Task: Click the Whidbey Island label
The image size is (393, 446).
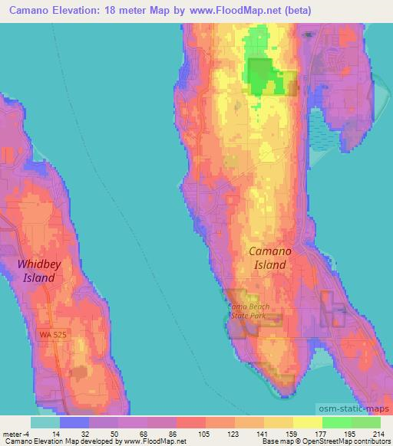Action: click(x=36, y=271)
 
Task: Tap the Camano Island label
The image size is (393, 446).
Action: click(x=268, y=257)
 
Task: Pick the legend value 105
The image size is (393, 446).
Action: click(x=205, y=433)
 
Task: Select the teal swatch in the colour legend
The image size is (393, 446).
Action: click(x=45, y=422)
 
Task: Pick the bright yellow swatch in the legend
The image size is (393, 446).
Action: click(x=307, y=422)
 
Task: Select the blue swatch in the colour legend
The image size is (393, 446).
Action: click(x=74, y=422)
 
